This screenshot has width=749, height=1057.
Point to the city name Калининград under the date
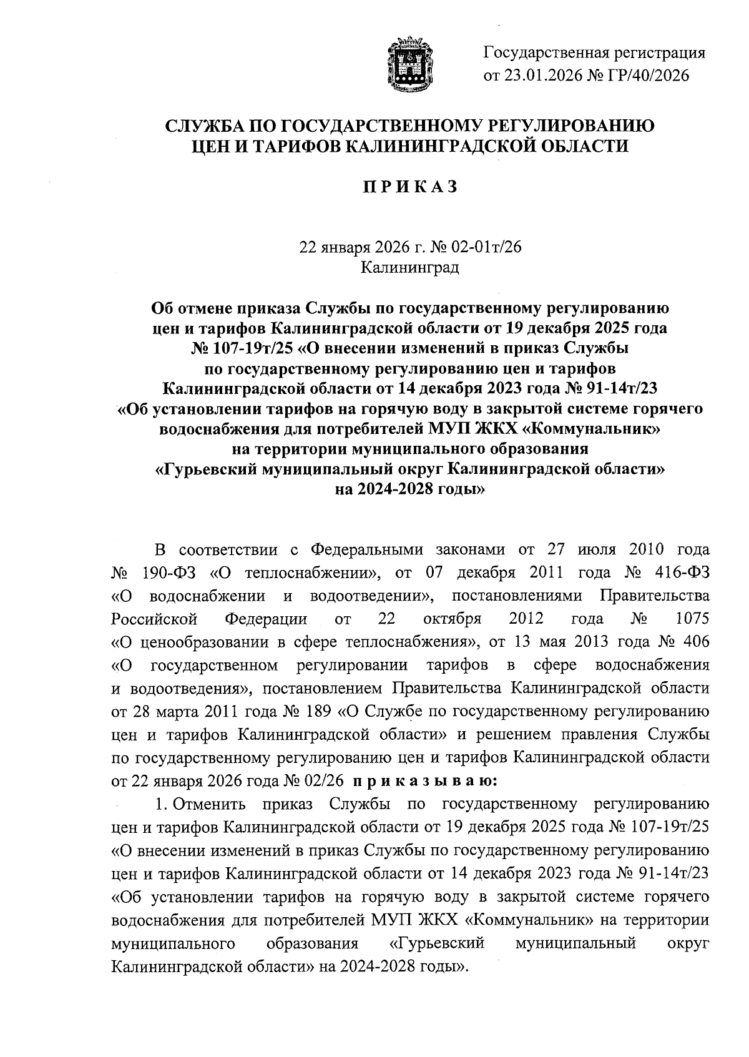(410, 268)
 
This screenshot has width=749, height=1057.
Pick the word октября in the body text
(453, 619)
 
